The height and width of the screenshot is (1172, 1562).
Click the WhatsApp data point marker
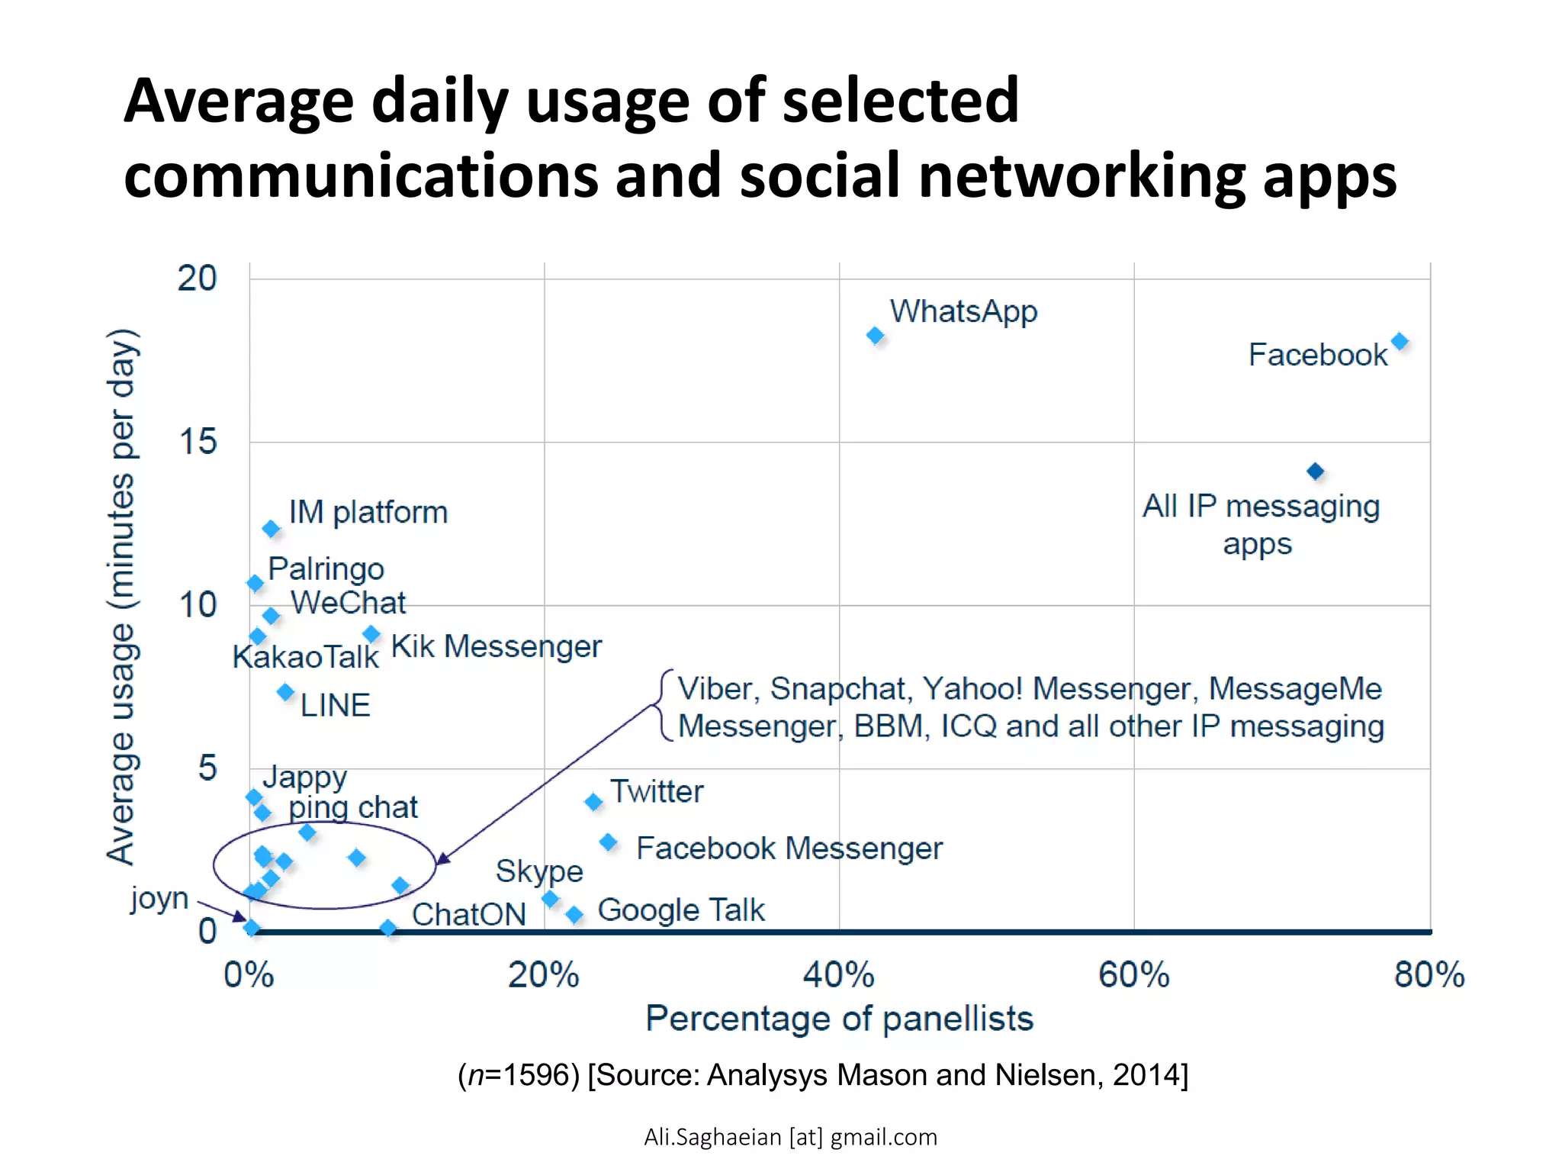click(875, 335)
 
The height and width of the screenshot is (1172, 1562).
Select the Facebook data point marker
click(1400, 341)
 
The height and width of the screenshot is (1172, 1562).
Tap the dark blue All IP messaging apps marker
click(1315, 471)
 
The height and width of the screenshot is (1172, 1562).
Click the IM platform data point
click(271, 528)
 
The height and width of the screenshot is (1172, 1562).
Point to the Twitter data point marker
click(593, 801)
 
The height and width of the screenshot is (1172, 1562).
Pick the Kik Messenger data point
click(371, 634)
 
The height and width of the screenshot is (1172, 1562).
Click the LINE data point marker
click(285, 692)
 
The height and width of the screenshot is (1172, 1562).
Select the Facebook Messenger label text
click(789, 848)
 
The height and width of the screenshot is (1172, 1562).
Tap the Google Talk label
click(680, 910)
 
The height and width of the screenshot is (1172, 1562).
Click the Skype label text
click(539, 871)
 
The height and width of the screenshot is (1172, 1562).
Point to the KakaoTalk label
click(305, 657)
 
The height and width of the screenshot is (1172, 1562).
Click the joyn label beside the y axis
click(159, 898)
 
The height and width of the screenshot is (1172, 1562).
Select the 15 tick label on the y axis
click(198, 442)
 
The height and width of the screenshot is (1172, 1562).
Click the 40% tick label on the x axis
click(838, 975)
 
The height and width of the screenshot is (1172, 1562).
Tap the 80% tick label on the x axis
click(1429, 975)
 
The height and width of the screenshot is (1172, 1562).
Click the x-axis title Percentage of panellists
click(839, 1019)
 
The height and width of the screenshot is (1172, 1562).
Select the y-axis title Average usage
click(122, 595)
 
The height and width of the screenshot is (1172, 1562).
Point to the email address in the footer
click(790, 1137)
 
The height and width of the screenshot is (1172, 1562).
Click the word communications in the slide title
click(362, 175)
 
